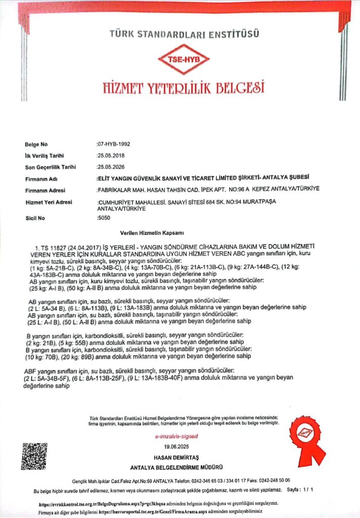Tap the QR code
pyautogui.click(x=34, y=456)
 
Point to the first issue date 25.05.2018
pyautogui.click(x=110, y=155)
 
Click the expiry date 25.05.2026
pyautogui.click(x=110, y=167)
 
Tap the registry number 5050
pyautogui.click(x=103, y=218)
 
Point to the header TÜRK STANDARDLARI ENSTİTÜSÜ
pyautogui.click(x=184, y=34)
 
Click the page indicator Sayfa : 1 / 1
pyautogui.click(x=300, y=490)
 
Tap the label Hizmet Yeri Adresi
pyautogui.click(x=49, y=202)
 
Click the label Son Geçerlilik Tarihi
pyautogui.click(x=50, y=167)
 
